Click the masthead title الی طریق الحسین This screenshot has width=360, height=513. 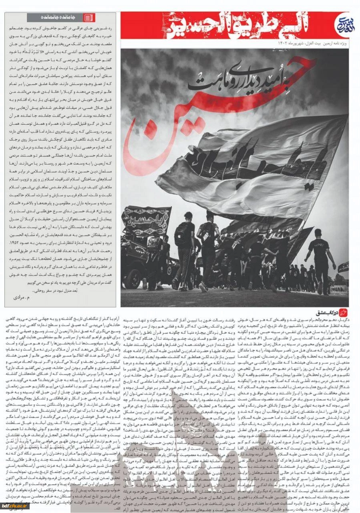[224, 25]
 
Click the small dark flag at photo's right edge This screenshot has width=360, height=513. [343, 267]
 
